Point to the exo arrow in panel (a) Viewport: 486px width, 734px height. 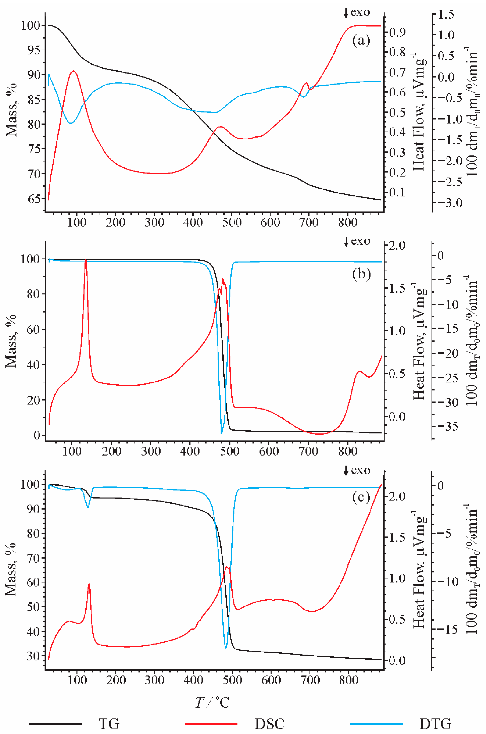click(x=346, y=13)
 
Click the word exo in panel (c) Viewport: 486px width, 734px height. click(x=360, y=471)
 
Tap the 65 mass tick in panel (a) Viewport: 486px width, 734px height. click(x=34, y=199)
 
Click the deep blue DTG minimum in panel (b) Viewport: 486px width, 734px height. click(x=222, y=433)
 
